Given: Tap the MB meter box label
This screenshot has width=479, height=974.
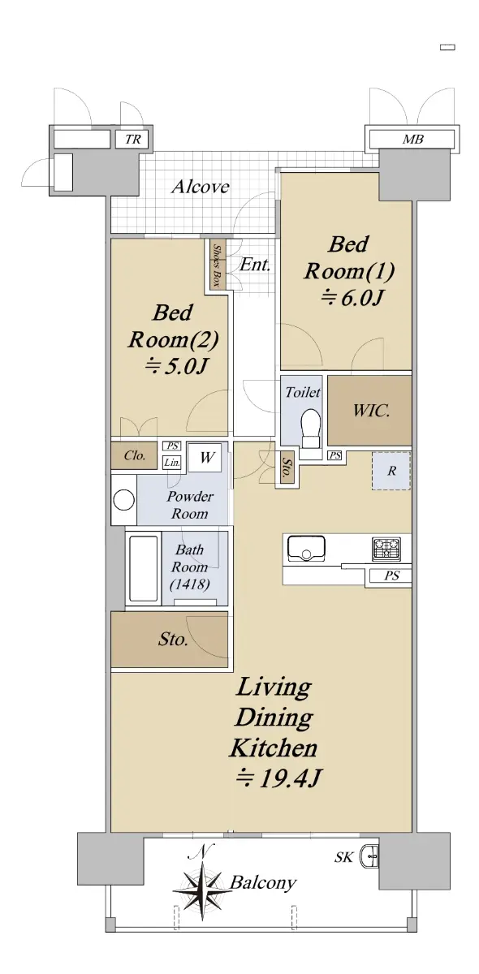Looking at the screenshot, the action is pos(412,140).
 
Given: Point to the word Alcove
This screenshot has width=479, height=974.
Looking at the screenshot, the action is pos(201,187).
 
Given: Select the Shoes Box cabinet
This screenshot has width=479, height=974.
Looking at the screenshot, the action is pos(216,265).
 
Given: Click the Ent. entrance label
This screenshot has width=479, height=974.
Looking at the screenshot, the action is pos(255,264).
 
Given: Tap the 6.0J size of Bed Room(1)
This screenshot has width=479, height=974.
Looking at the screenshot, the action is pos(352,299).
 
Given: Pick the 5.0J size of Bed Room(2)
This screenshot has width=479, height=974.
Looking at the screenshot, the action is pos(175,367).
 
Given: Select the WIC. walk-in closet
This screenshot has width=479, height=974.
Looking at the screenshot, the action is pos(369,411).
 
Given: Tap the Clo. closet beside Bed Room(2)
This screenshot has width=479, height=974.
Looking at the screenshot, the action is pos(134,455).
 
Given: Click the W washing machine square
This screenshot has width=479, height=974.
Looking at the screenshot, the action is pos(207,457).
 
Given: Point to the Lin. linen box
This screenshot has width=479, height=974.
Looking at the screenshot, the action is pos(172,463).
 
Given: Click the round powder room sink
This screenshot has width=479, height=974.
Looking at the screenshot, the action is pos(124,500).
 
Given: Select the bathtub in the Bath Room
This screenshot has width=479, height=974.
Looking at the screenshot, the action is pos(144,568).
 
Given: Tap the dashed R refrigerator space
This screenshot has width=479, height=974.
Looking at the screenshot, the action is pos(391,471).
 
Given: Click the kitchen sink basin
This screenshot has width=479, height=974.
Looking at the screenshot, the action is pos(306,549).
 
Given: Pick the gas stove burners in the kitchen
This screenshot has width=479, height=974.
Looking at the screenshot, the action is pos(386,549).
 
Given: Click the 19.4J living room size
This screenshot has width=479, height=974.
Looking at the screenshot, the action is pos(278,778).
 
